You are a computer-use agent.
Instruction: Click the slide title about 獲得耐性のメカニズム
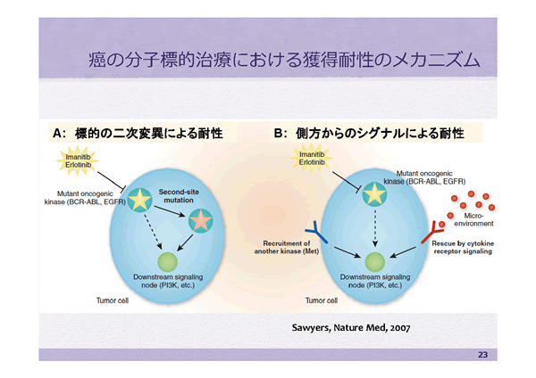click(x=283, y=62)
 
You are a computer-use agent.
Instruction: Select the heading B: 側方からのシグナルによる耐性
click(x=369, y=133)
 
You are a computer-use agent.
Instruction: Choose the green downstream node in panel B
click(x=375, y=261)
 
